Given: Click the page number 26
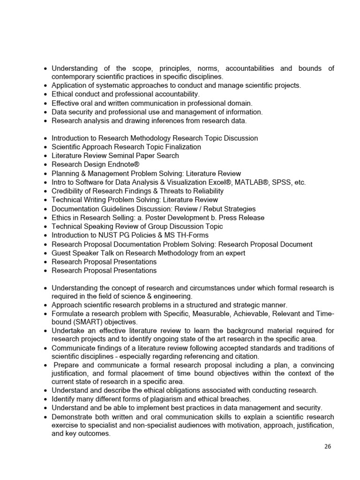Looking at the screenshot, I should [327, 447].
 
